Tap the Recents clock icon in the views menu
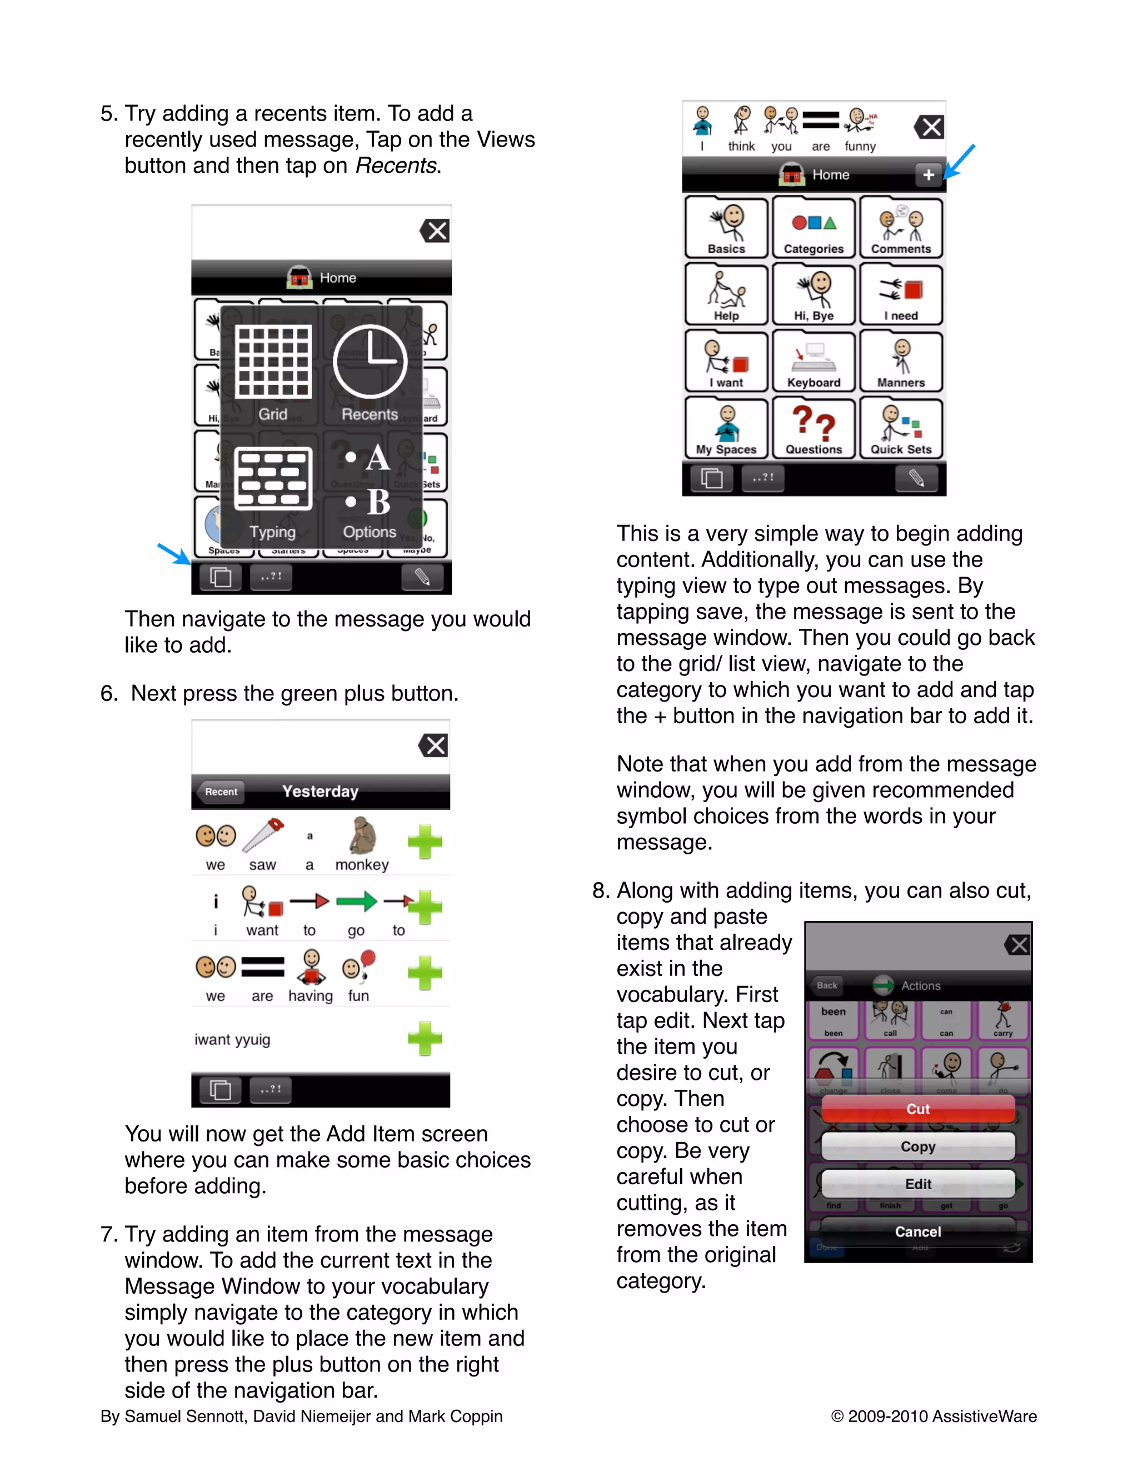[x=370, y=362]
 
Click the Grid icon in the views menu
[x=273, y=362]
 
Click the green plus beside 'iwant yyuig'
[x=425, y=1039]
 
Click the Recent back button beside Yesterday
[x=221, y=792]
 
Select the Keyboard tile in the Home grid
[x=813, y=362]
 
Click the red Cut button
[x=917, y=1109]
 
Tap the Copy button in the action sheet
[x=917, y=1146]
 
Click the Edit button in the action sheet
[x=917, y=1184]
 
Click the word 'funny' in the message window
[x=860, y=146]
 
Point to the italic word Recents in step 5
[x=396, y=166]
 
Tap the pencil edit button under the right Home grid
[x=916, y=478]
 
